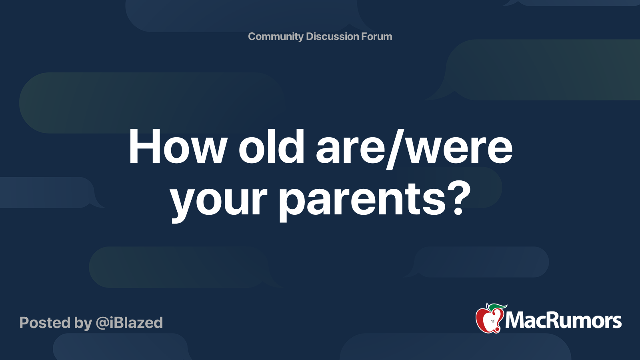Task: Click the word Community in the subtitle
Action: (276, 36)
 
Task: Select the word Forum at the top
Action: (376, 36)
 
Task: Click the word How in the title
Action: (178, 147)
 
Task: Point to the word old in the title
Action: (272, 147)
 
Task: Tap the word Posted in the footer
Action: (45, 323)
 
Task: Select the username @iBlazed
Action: (129, 323)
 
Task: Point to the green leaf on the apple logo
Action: (497, 307)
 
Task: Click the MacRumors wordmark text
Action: (563, 321)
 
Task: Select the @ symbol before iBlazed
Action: (102, 323)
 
